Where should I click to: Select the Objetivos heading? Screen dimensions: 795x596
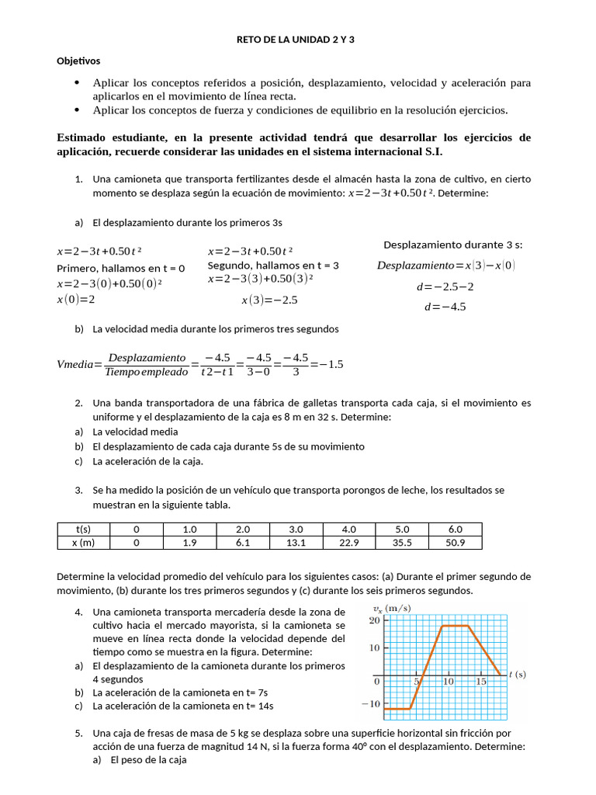(78, 61)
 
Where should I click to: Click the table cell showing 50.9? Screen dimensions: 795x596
(455, 543)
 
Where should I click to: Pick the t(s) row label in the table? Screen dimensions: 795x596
(84, 529)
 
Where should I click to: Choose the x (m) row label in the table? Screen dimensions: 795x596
(84, 543)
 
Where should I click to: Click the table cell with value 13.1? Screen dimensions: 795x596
(296, 543)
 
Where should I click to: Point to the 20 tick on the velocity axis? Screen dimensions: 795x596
(374, 620)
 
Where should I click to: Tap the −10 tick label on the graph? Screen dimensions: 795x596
(370, 704)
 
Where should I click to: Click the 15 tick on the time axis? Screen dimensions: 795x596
(481, 681)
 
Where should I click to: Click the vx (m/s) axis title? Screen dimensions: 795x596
(392, 608)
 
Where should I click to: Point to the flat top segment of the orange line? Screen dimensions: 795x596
(455, 625)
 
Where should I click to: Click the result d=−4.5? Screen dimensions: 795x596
(445, 307)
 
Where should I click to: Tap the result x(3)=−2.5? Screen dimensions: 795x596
(269, 300)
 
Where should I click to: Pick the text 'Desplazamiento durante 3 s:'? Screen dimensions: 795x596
(452, 245)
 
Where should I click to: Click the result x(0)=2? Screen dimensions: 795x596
(75, 299)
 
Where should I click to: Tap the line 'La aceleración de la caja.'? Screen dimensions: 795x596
(137, 461)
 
